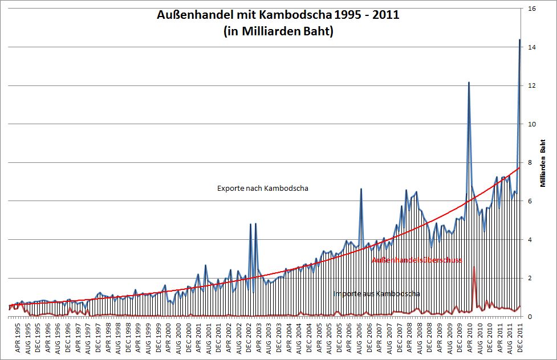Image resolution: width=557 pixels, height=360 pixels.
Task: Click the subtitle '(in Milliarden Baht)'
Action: point(278,32)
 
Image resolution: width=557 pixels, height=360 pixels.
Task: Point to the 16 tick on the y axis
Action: point(531,9)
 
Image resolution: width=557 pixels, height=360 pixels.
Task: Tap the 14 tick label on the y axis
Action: point(531,47)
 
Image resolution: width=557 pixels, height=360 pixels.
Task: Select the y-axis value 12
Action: point(531,85)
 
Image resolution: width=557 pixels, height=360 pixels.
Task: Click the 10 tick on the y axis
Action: point(531,124)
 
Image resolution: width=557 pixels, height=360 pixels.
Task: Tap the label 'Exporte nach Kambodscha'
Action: point(263,189)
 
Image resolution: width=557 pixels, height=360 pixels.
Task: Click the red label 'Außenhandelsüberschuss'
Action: point(416,260)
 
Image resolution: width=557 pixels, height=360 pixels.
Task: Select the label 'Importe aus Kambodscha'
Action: point(377,294)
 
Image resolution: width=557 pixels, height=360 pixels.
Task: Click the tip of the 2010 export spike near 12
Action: point(469,83)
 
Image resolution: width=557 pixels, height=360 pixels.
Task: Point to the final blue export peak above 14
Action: point(520,40)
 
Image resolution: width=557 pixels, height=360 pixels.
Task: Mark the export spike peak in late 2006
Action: point(361,189)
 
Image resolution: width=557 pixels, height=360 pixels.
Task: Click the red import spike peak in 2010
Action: point(474,267)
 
